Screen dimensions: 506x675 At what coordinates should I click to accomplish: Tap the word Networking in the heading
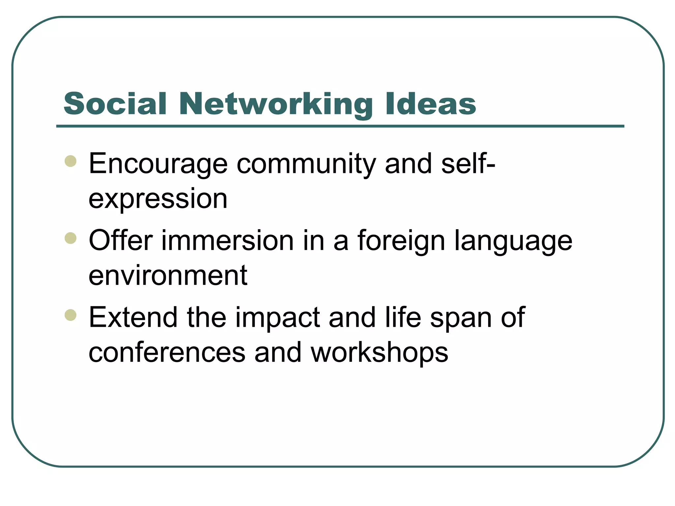[x=276, y=105]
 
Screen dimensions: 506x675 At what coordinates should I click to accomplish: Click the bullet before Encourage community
[x=71, y=161]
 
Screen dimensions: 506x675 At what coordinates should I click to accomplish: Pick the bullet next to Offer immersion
[x=71, y=238]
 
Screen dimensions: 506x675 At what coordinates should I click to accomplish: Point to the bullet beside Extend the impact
[x=71, y=315]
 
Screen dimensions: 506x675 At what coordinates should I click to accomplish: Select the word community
[x=306, y=164]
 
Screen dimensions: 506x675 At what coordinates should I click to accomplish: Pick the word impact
[x=278, y=318]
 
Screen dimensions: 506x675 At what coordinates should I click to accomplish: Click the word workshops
[x=379, y=353]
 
